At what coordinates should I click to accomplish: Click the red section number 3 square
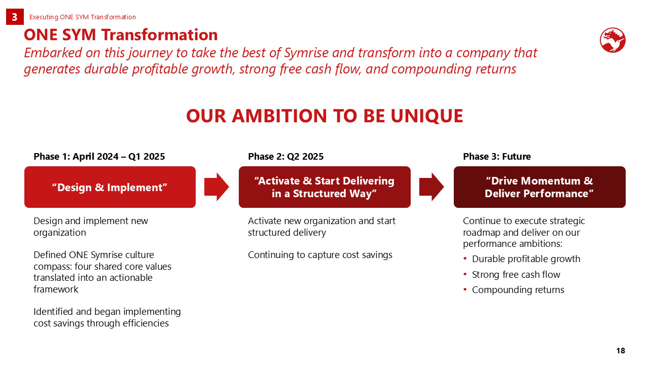click(x=15, y=17)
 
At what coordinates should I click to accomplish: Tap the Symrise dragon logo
click(x=612, y=40)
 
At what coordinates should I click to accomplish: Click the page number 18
click(x=621, y=351)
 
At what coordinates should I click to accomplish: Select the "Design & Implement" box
click(x=110, y=187)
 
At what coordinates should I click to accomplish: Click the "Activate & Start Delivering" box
click(x=324, y=187)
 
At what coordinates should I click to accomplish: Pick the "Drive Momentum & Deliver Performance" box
click(x=539, y=187)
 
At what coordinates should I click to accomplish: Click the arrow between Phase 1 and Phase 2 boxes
click(x=217, y=187)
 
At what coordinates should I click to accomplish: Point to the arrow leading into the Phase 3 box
click(x=431, y=187)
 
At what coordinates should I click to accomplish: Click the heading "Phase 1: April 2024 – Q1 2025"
click(x=99, y=157)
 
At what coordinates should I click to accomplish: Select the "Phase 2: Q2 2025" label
click(x=285, y=157)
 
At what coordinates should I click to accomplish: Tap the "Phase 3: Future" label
click(x=497, y=157)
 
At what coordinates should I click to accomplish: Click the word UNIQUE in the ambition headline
click(x=427, y=116)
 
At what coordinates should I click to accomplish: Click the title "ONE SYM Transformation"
click(x=121, y=35)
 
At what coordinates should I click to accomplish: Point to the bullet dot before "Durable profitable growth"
click(x=465, y=258)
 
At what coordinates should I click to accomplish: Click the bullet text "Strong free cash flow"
click(x=516, y=274)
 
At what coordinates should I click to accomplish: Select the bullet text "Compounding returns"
click(x=518, y=289)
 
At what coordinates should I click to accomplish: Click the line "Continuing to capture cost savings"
click(x=320, y=255)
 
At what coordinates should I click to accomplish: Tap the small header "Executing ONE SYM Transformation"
click(x=83, y=17)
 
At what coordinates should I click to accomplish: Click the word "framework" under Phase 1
click(x=56, y=289)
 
